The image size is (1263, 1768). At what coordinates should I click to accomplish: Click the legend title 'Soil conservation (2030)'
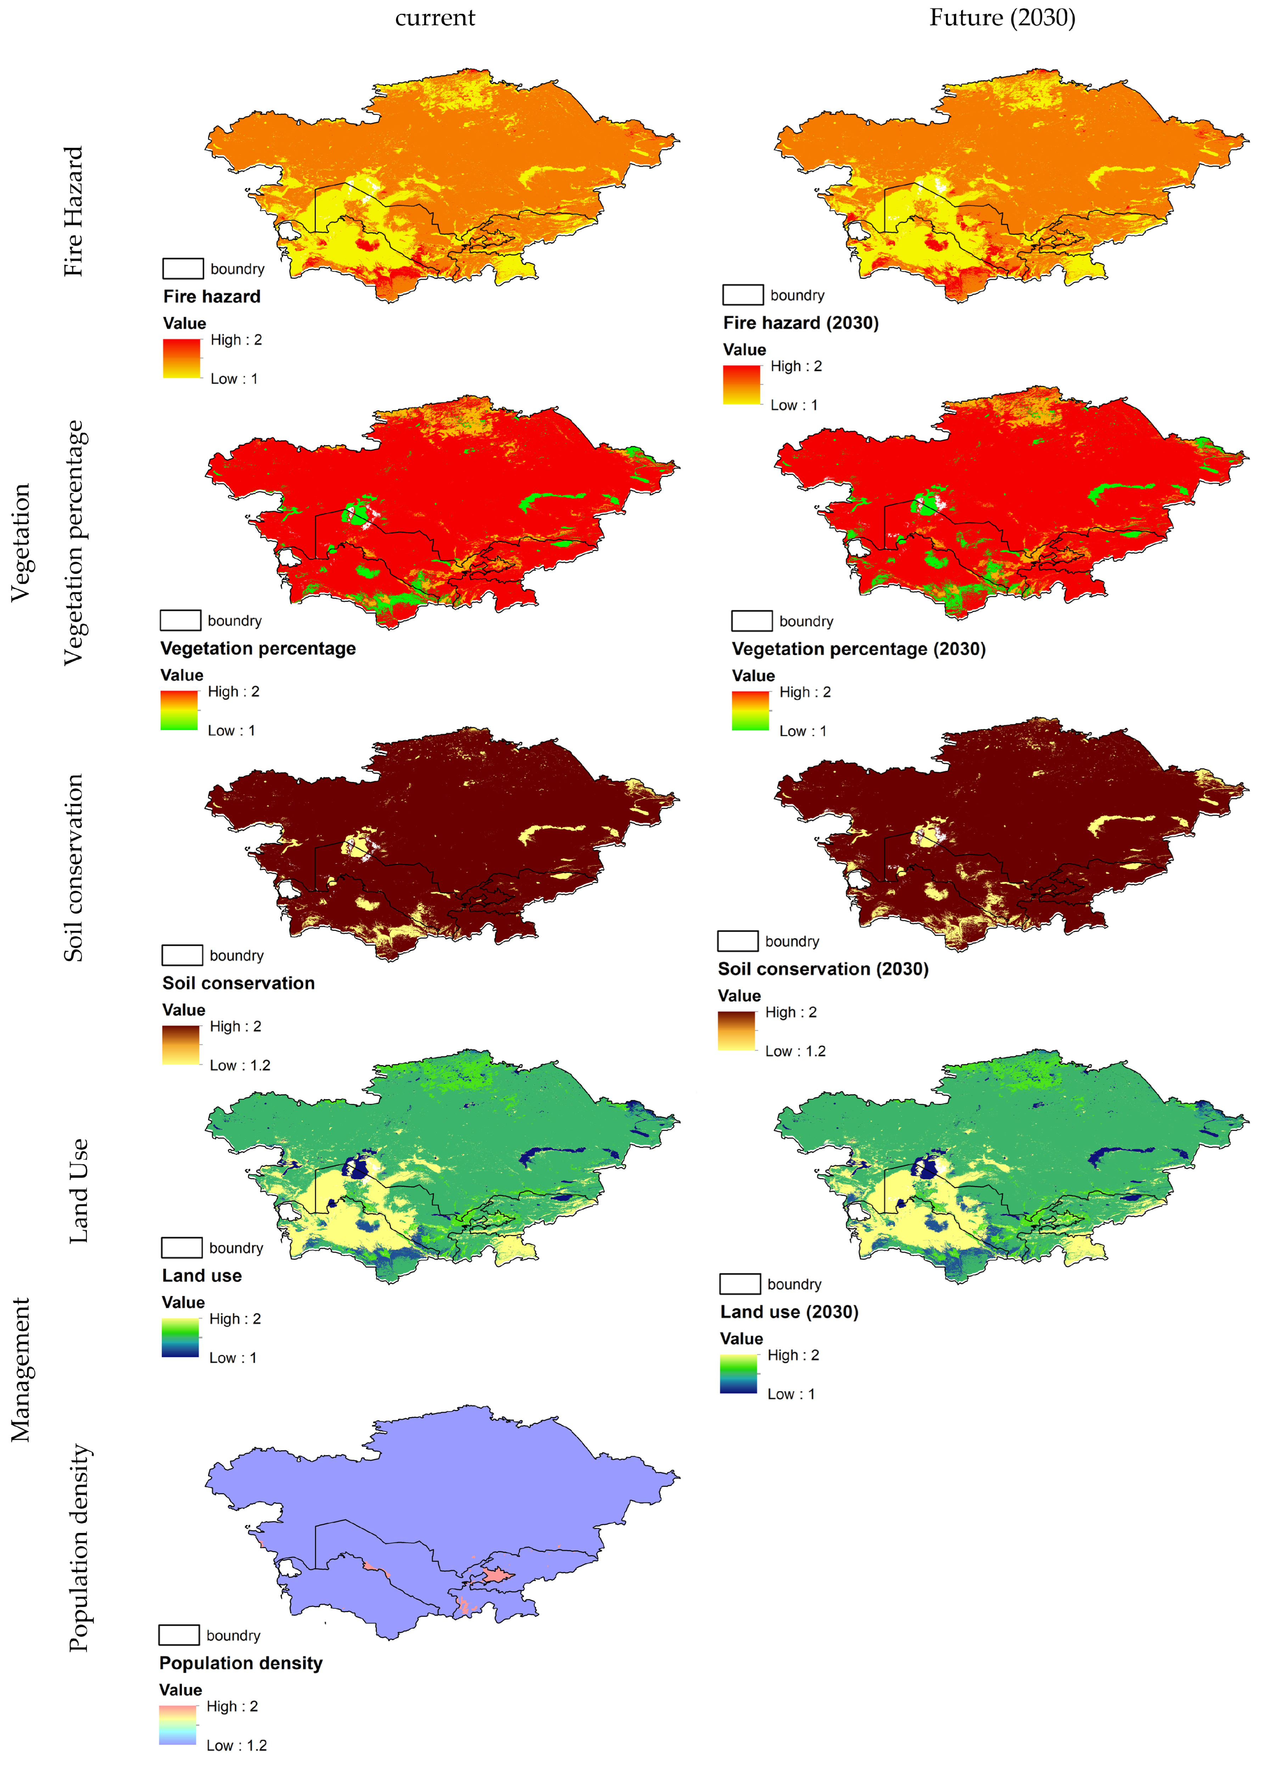[x=823, y=969]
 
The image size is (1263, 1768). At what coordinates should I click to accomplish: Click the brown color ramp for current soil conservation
[x=180, y=1045]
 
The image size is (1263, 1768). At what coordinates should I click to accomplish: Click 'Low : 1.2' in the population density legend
[x=236, y=1745]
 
